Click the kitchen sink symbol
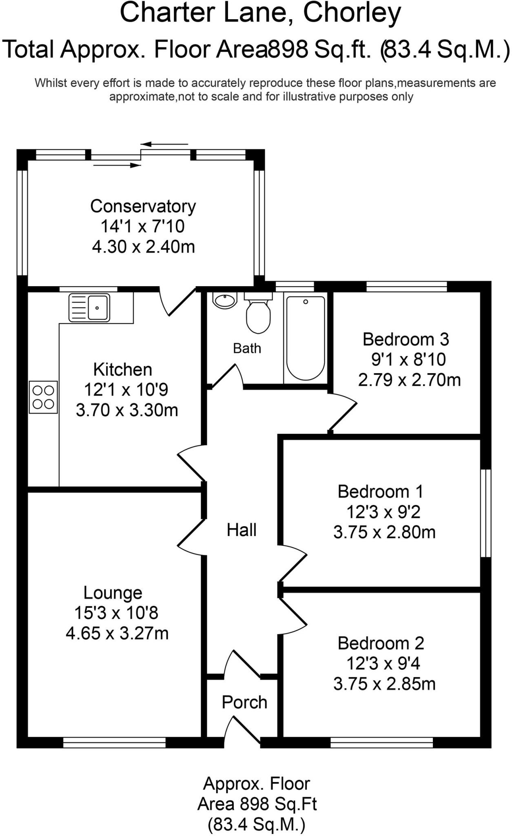click(89, 307)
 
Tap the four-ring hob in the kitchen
click(43, 397)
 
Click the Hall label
click(242, 530)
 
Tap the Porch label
click(244, 702)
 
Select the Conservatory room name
click(143, 206)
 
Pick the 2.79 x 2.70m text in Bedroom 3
click(409, 380)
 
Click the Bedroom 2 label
click(381, 643)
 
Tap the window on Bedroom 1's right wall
click(485, 513)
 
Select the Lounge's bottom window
click(115, 742)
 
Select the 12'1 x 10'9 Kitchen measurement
click(126, 390)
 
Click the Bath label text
click(247, 348)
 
